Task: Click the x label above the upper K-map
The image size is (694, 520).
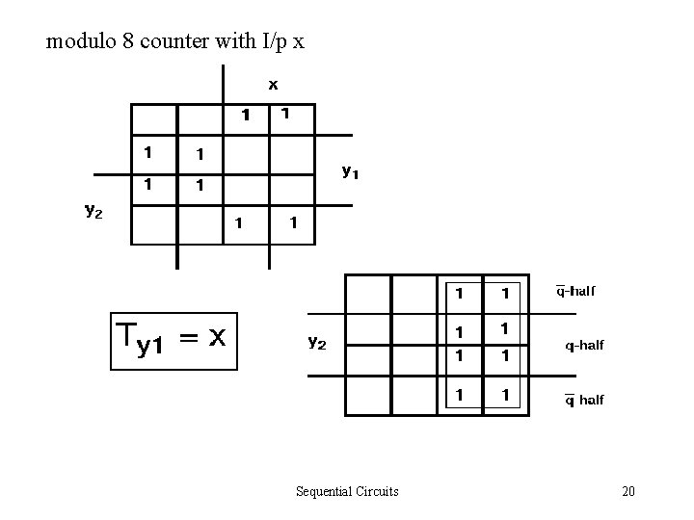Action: click(x=273, y=85)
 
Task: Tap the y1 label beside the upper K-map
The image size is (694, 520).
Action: click(x=351, y=172)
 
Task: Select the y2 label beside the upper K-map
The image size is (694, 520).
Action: click(x=93, y=212)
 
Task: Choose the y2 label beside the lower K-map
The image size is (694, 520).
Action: click(x=316, y=342)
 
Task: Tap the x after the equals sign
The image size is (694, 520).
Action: click(x=218, y=338)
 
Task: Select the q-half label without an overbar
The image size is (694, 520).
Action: click(x=584, y=345)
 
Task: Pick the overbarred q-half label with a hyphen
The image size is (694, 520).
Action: click(x=575, y=291)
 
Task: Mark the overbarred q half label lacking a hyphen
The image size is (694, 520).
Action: click(x=584, y=400)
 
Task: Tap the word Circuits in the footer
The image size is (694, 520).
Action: click(x=378, y=492)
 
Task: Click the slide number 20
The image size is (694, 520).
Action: click(x=628, y=492)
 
